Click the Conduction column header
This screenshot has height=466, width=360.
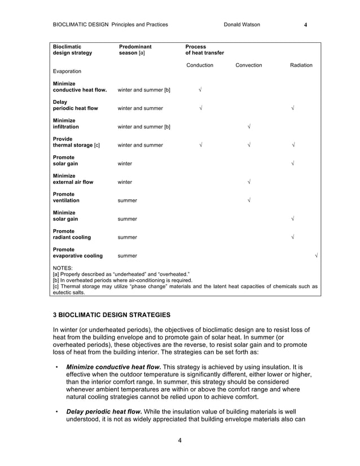click(x=200, y=65)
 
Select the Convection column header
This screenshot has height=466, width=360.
click(x=248, y=65)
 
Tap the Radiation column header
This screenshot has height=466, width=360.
click(x=301, y=65)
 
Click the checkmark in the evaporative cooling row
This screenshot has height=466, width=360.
click(x=315, y=256)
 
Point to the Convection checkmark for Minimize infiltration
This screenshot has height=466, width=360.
click(x=249, y=127)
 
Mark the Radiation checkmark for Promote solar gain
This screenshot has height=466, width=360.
click(x=292, y=164)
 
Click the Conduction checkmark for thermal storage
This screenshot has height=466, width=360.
click(x=200, y=145)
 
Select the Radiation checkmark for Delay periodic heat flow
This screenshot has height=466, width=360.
click(x=292, y=108)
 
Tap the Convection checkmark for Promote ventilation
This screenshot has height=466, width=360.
click(x=249, y=200)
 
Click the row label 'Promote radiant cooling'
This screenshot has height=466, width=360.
click(x=71, y=234)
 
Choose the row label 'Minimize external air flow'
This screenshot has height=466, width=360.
click(x=73, y=179)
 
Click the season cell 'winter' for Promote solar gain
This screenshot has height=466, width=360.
click(x=125, y=164)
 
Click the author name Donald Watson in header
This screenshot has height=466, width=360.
click(x=242, y=25)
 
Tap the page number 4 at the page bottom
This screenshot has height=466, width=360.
click(x=179, y=441)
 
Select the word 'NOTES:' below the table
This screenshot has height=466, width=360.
click(x=62, y=268)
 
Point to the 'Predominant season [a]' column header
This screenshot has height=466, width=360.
click(x=135, y=50)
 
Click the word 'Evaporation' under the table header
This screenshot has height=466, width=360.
click(x=67, y=72)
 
